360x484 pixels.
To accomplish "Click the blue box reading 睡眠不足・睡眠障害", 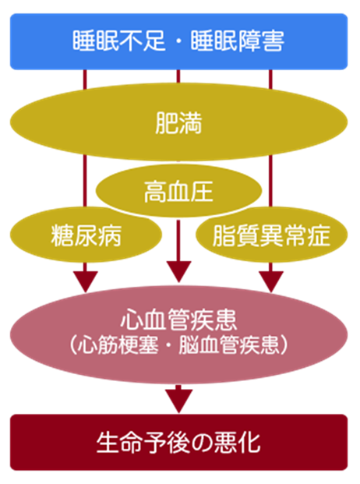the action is point(179,41).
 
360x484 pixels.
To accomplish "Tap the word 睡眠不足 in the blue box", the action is point(118,41).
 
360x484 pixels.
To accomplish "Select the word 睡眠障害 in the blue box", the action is point(237,41).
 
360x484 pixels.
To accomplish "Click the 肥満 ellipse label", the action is point(178,123).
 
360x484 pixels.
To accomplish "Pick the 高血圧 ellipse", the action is point(179,191).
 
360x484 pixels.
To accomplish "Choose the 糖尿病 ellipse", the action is point(86,235).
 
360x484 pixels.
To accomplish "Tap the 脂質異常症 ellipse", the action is point(271,235).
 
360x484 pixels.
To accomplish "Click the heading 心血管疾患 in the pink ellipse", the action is point(178,320).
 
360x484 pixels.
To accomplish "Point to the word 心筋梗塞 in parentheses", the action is point(118,344).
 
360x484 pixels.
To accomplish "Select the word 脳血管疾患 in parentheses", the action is point(229,344).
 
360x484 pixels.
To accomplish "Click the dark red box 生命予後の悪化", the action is point(179,443).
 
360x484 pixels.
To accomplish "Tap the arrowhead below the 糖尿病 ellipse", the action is point(86,281).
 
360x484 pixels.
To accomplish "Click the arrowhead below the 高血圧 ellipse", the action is point(178,272).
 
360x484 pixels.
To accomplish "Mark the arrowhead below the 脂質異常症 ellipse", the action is point(271,281).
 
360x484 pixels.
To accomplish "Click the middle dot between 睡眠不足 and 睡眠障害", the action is point(178,41).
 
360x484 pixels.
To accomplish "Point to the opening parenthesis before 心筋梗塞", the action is point(73,344).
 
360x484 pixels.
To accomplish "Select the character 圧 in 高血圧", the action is point(202,192).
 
